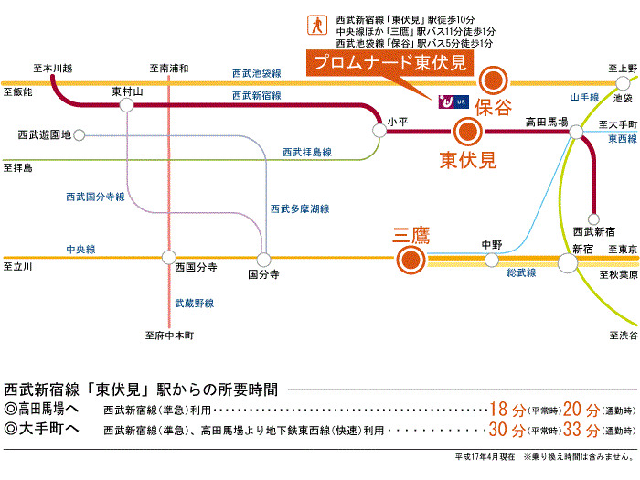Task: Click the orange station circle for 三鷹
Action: pyautogui.click(x=410, y=262)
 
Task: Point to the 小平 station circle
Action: pyautogui.click(x=380, y=132)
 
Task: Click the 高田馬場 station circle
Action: pyautogui.click(x=576, y=133)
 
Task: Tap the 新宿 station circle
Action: pyautogui.click(x=568, y=263)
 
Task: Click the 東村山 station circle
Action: pyautogui.click(x=126, y=106)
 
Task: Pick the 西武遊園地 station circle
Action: pyautogui.click(x=80, y=135)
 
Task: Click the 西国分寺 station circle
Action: pyautogui.click(x=167, y=257)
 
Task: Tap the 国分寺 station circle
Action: pyautogui.click(x=264, y=259)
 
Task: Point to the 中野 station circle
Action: pyautogui.click(x=491, y=258)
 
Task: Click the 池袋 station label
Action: pyautogui.click(x=623, y=97)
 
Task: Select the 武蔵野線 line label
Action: pyautogui.click(x=194, y=303)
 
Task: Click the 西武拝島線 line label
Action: pyautogui.click(x=306, y=152)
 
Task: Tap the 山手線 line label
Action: pyautogui.click(x=584, y=97)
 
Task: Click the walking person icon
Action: pyautogui.click(x=318, y=24)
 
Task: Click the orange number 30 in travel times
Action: pyautogui.click(x=500, y=429)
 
